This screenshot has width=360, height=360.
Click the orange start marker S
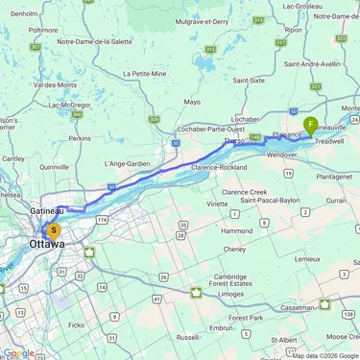coord(54,230)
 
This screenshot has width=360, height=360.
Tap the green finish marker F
coord(311,124)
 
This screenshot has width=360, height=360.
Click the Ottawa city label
coord(47,245)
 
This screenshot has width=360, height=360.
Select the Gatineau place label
coord(46,210)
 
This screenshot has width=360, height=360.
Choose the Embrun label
coord(222,327)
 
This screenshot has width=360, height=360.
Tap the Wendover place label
coord(281,155)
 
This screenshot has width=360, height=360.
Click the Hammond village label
coord(234,231)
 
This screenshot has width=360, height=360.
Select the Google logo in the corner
coord(18,352)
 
